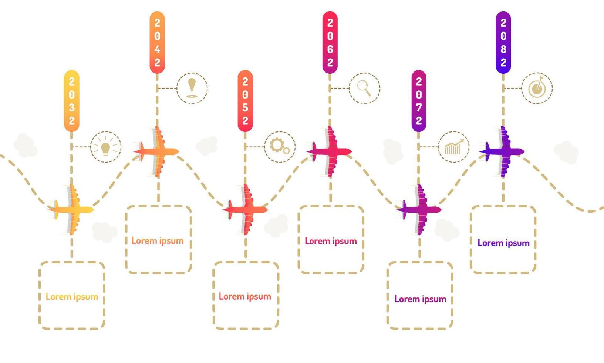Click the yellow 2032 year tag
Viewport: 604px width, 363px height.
[x=72, y=101]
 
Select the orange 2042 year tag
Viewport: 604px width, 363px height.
[x=157, y=43]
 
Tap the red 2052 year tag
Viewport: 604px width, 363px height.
[x=245, y=101]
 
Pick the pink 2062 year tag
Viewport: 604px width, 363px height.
[x=330, y=43]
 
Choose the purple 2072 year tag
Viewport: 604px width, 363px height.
[x=419, y=101]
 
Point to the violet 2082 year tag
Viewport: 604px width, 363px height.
[x=503, y=43]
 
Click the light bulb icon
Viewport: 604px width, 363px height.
[x=106, y=147]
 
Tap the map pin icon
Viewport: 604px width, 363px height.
[x=192, y=88]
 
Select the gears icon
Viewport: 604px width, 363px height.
[x=280, y=147]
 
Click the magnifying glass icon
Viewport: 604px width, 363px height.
[x=364, y=88]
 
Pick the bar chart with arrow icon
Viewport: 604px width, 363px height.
[x=453, y=147]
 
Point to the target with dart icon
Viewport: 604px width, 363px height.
[x=537, y=88]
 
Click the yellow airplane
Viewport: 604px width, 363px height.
[x=72, y=210]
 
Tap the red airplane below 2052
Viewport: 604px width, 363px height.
[x=246, y=210]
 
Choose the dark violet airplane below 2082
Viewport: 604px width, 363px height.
[x=503, y=151]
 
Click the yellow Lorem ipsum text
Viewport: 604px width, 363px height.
[x=72, y=297]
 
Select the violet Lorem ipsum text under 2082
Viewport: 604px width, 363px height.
[x=503, y=243]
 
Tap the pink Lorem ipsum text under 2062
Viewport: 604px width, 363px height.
[x=331, y=241]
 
